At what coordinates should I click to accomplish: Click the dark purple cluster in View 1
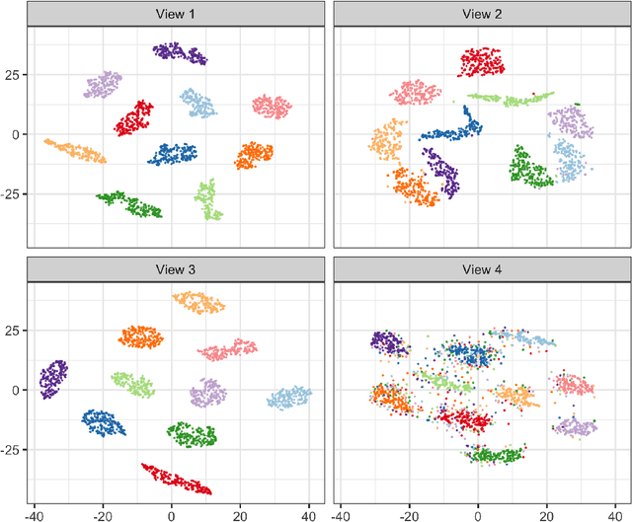179,53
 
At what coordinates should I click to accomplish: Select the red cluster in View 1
133,118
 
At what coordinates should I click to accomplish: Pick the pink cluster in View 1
272,106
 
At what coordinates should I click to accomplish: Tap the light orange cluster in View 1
76,151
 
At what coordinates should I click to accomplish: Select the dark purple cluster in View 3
52,378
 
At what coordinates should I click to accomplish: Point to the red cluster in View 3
177,479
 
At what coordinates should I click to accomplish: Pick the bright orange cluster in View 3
140,337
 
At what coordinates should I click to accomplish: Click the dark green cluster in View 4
494,455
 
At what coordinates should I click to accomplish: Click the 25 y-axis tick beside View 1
14,75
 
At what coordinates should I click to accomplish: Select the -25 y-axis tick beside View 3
12,450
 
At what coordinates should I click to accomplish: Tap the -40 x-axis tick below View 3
36,514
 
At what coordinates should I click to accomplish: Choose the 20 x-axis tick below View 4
546,514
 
